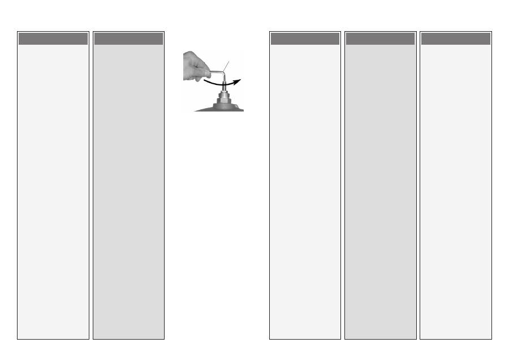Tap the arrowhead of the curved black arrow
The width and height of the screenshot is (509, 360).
(x=238, y=80)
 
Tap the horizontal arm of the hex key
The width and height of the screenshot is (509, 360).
(x=216, y=72)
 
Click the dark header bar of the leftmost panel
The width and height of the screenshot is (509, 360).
(x=53, y=38)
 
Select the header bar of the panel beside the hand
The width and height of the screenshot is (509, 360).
(x=128, y=38)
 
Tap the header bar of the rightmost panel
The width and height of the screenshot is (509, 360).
(x=455, y=38)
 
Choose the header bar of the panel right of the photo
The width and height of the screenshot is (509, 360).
(x=305, y=38)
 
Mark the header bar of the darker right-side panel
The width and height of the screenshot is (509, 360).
(x=380, y=38)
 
